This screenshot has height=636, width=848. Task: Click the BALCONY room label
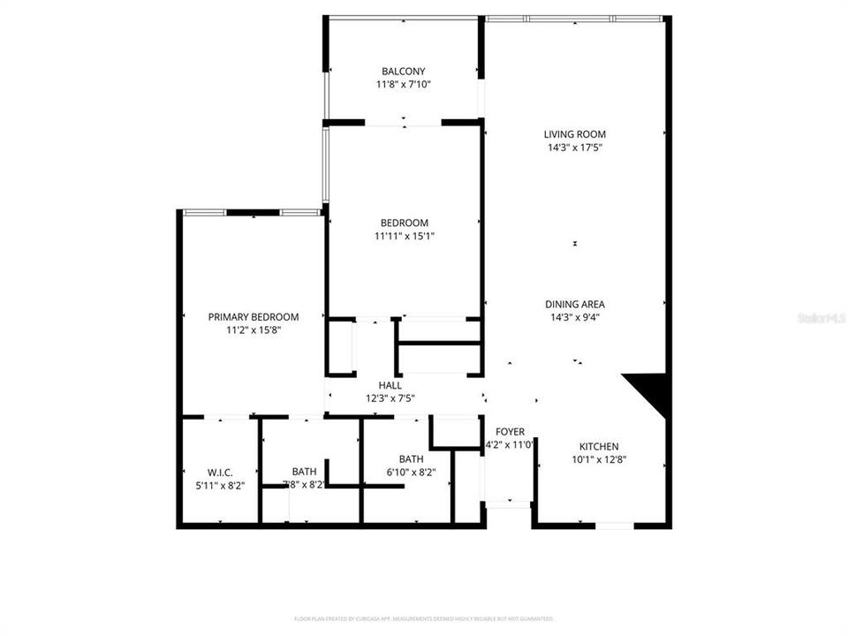coord(403,72)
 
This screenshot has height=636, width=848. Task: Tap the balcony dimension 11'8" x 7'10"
coord(403,85)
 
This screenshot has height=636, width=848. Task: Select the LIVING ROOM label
coord(574,134)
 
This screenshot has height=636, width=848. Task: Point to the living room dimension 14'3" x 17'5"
coord(574,148)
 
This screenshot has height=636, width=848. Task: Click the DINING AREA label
coord(574,304)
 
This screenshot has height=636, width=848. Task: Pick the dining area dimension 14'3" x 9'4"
coord(574,317)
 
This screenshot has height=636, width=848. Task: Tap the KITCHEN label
coord(599,446)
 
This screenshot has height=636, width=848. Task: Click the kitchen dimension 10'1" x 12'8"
coord(599,460)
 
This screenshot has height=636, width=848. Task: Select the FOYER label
coord(510,432)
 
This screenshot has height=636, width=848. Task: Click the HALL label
coord(390,385)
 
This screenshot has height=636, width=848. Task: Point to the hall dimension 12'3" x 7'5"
coord(390,398)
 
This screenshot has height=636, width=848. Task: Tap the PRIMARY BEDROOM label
coord(254,316)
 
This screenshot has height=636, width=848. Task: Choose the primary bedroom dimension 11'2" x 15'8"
coord(254,330)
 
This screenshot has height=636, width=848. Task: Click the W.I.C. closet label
coord(220,473)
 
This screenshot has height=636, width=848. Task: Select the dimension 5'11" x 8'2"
coord(220,485)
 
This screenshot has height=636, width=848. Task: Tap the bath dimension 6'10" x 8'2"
coord(411,472)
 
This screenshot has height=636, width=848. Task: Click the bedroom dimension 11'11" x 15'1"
coord(404,236)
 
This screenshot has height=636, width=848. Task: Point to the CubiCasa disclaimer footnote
coord(423,619)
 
